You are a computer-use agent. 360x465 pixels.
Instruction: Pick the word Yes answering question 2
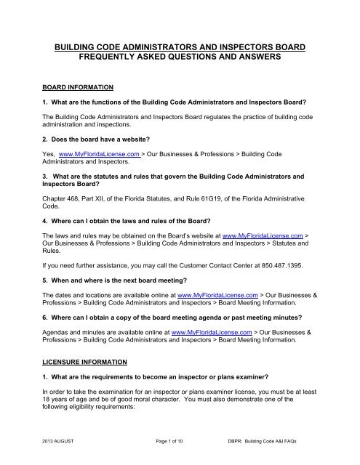click(x=49, y=155)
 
